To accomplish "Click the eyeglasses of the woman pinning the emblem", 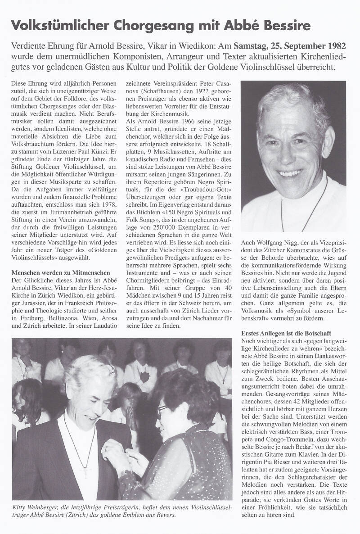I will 163,409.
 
